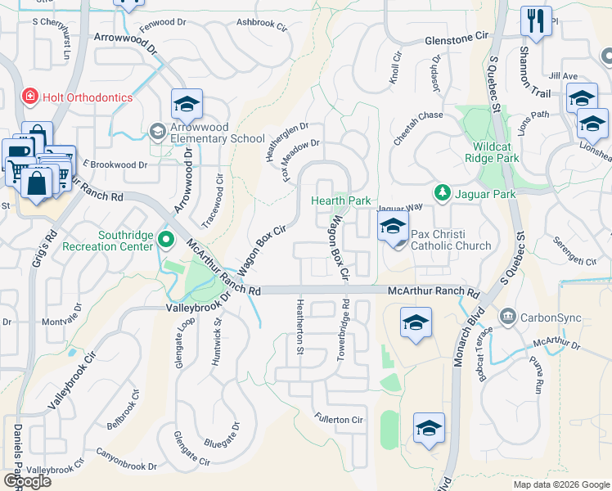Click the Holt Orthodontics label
(88, 97)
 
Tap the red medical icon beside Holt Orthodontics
(30, 97)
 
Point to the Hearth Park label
(340, 200)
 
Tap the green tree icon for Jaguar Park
(442, 192)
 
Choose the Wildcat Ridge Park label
(492, 151)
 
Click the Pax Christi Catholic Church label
(451, 240)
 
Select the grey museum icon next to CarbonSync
(508, 316)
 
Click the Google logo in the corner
(27, 481)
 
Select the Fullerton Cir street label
(339, 419)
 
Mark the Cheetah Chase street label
(418, 115)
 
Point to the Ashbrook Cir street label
(262, 25)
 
